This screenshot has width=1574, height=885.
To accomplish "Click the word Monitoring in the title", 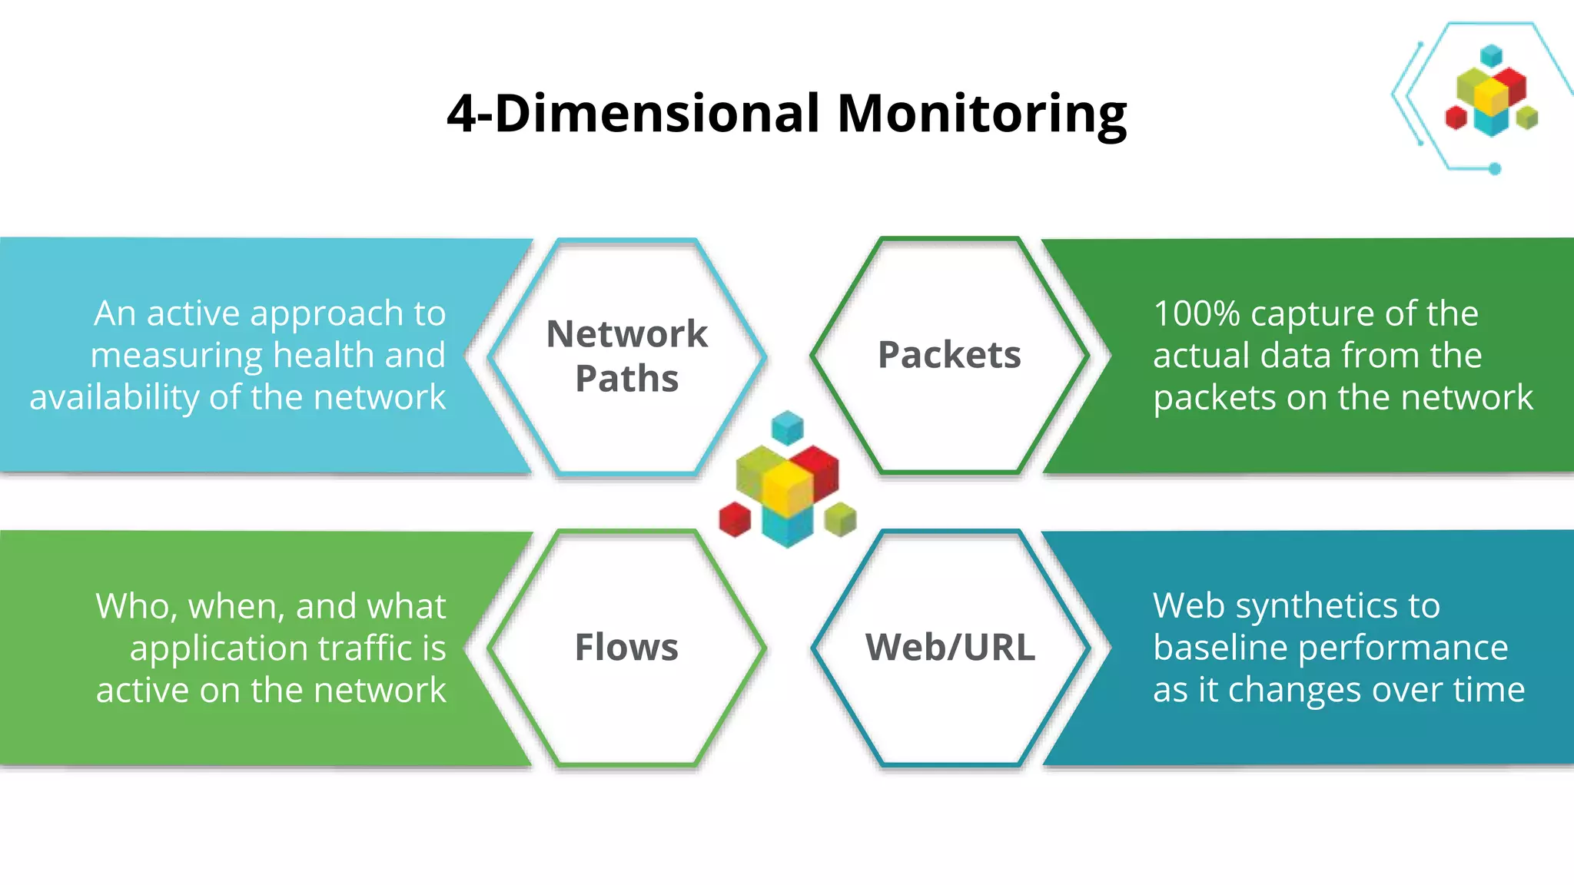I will (981, 114).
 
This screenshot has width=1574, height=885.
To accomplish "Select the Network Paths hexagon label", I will (626, 356).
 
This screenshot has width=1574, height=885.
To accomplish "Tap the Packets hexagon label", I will (949, 355).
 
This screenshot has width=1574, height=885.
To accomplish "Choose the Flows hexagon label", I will (626, 647).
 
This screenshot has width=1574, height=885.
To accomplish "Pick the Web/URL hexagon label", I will (950, 647).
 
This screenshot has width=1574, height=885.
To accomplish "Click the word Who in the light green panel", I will (132, 606).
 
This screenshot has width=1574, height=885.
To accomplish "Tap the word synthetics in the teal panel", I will (1317, 606).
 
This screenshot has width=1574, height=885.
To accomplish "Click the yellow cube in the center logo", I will (787, 485).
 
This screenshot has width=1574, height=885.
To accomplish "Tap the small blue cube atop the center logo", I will (787, 427).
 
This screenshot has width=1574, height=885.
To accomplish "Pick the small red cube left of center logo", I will (735, 519).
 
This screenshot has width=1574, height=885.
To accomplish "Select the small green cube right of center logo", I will (840, 519).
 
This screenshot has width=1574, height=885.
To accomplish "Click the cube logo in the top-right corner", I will (1491, 92).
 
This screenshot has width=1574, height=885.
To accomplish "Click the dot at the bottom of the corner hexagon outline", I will (1495, 168).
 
